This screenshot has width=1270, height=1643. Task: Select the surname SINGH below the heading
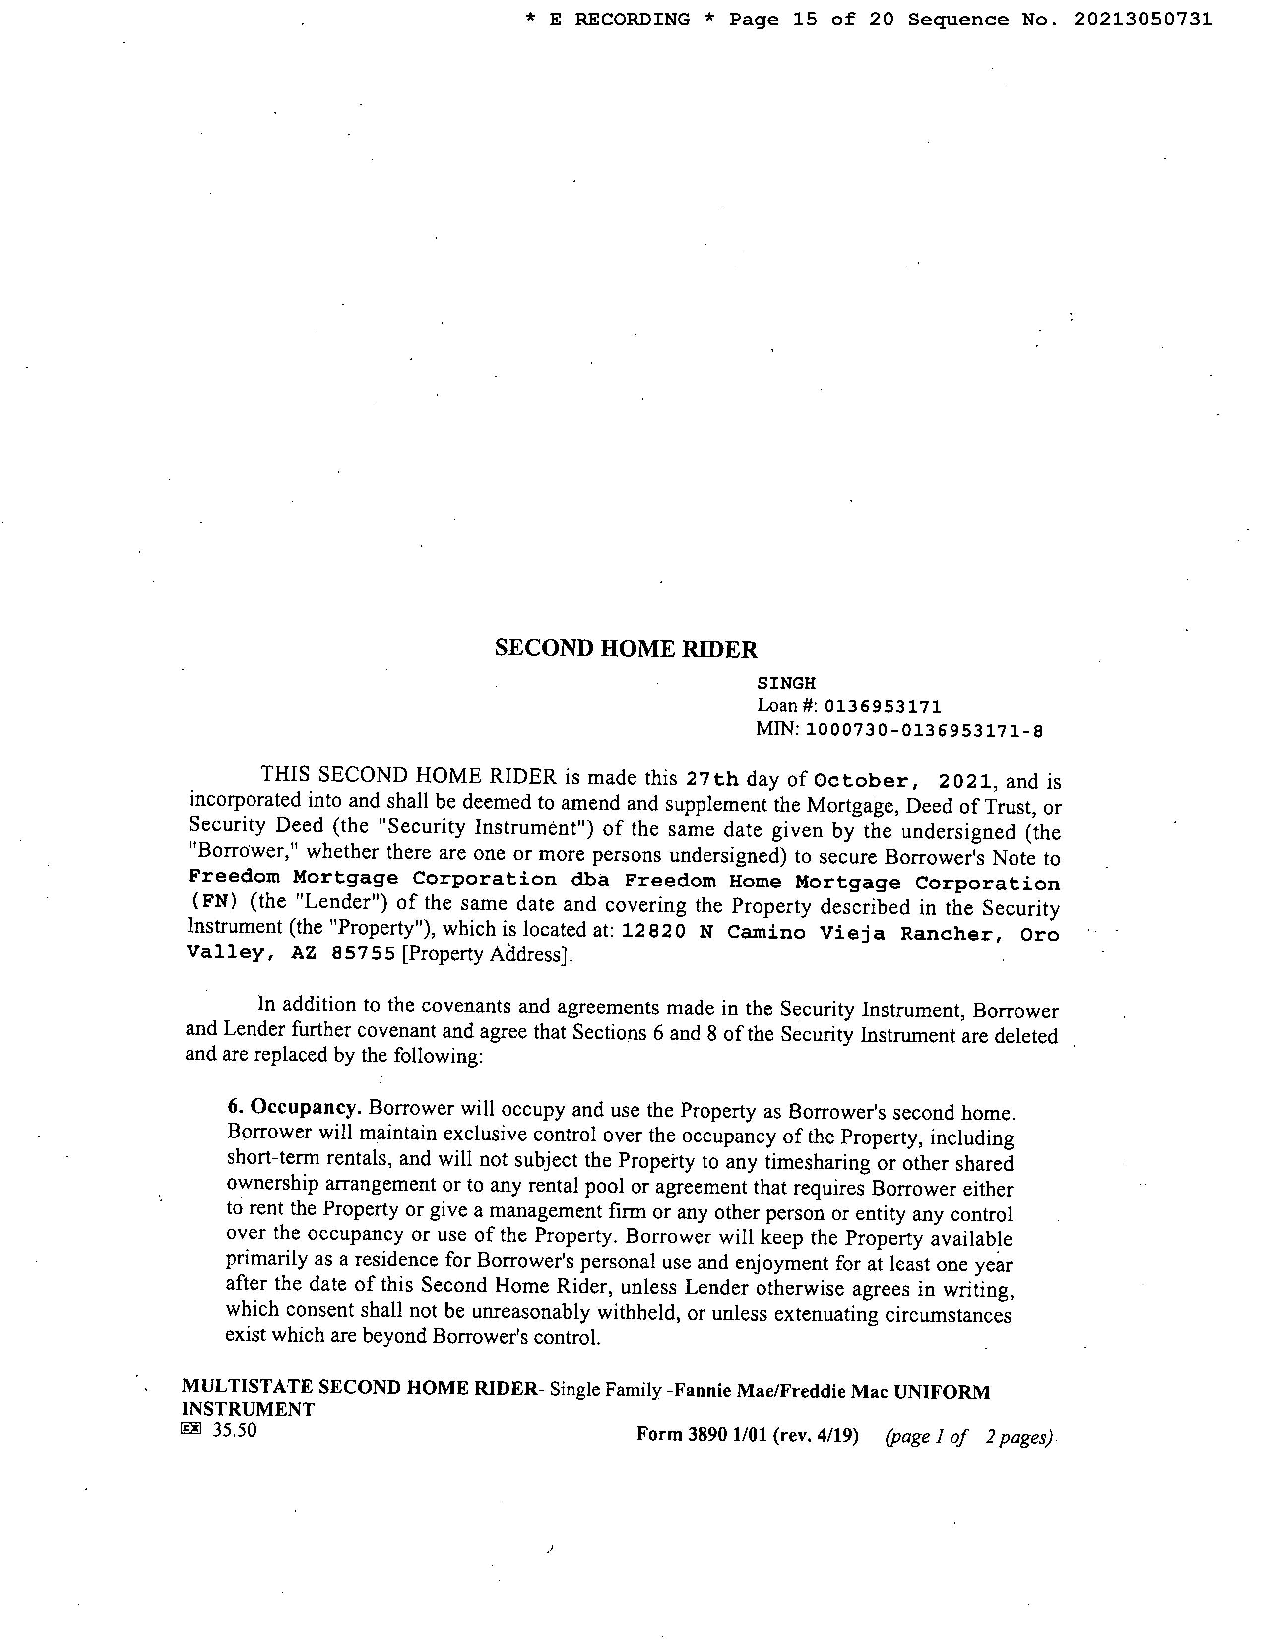pyautogui.click(x=786, y=683)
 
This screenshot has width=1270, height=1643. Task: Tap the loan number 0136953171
pyautogui.click(x=883, y=707)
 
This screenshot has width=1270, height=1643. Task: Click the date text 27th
pyautogui.click(x=712, y=779)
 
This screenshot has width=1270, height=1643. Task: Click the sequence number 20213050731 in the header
pyautogui.click(x=1142, y=20)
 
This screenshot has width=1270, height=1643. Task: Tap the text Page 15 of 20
pyautogui.click(x=812, y=20)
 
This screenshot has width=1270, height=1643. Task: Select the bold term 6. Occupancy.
pyautogui.click(x=295, y=1107)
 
